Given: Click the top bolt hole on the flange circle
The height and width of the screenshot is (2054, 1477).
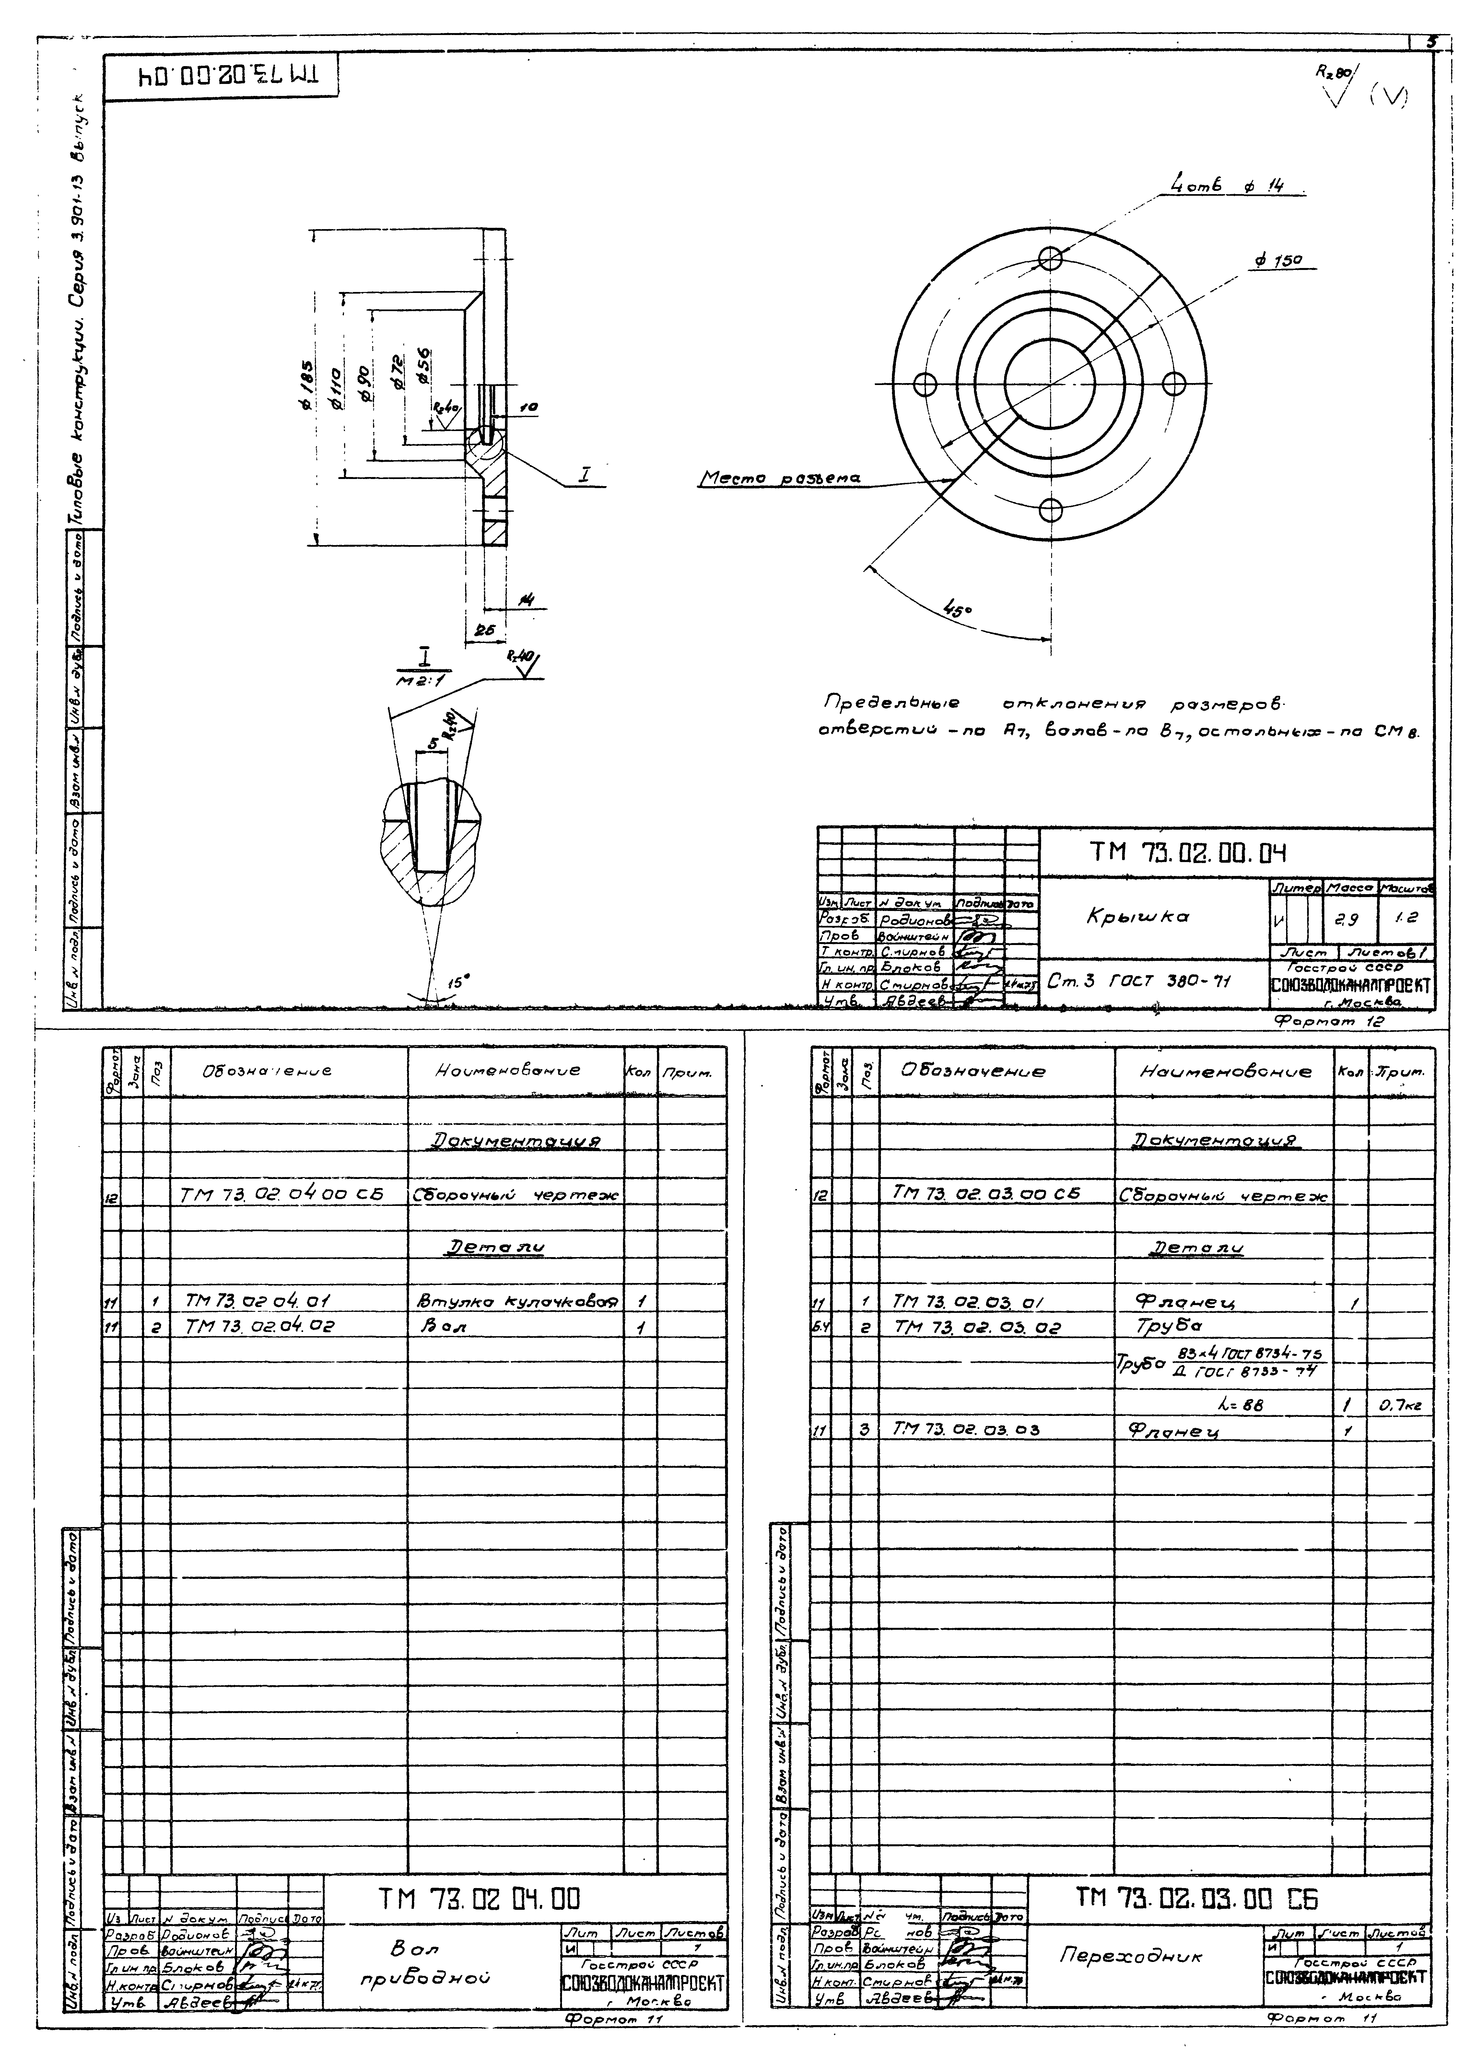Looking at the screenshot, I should coord(1050,258).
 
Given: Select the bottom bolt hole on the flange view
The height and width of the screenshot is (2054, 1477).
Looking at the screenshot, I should coord(1050,510).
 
